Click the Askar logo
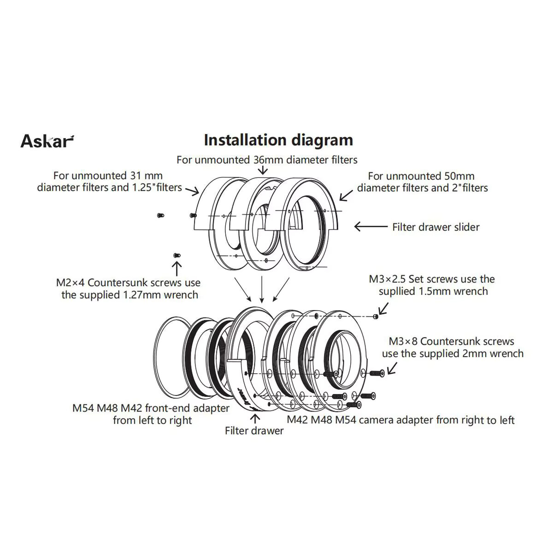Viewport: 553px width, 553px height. pyautogui.click(x=47, y=141)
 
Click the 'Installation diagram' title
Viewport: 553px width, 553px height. pyautogui.click(x=278, y=140)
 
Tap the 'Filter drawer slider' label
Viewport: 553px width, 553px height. pyautogui.click(x=435, y=227)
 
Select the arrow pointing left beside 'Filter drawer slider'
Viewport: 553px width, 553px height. pyautogui.click(x=371, y=227)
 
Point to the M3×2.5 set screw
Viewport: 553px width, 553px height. pyautogui.click(x=376, y=317)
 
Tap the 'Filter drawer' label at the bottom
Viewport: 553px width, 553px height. pyautogui.click(x=254, y=430)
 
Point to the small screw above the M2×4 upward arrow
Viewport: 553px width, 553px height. pyautogui.click(x=177, y=255)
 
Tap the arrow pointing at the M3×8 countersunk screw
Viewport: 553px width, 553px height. pyautogui.click(x=392, y=368)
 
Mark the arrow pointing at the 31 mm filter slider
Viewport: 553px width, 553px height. pyautogui.click(x=192, y=191)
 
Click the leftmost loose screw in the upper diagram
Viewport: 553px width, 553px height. pyautogui.click(x=161, y=215)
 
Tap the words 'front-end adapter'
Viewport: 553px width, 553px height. pyautogui.click(x=187, y=408)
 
